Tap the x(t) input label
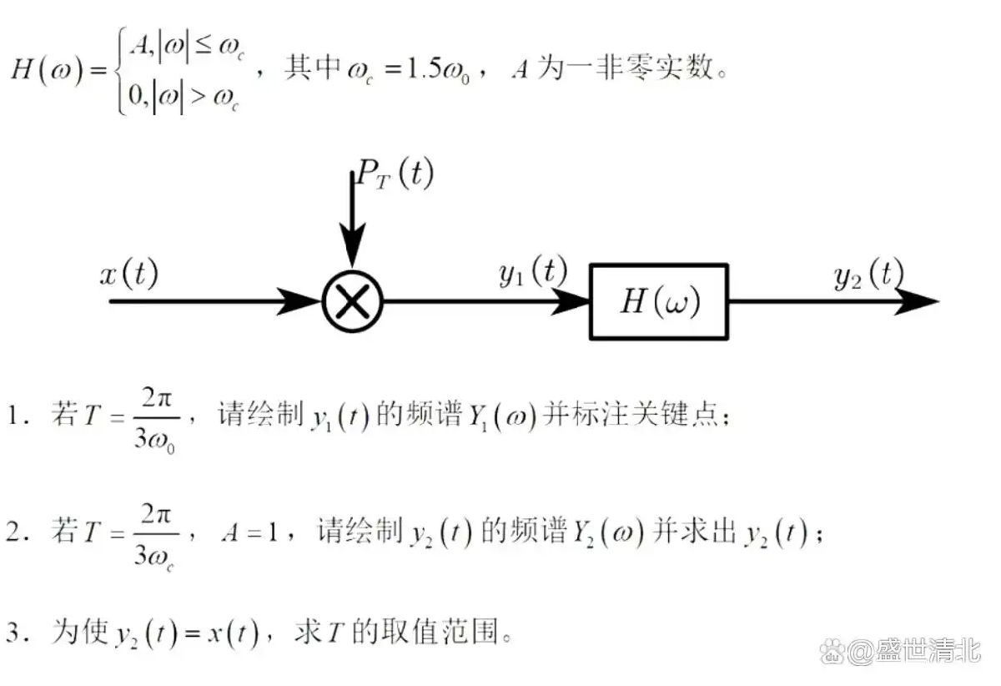coord(128,273)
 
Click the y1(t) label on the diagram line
coord(533,271)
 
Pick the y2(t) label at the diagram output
coord(869,274)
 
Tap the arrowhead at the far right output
coord(916,301)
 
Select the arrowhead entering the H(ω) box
coord(571,301)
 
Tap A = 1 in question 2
coord(249,533)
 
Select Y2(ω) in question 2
coord(608,533)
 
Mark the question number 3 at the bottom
coord(13,633)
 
